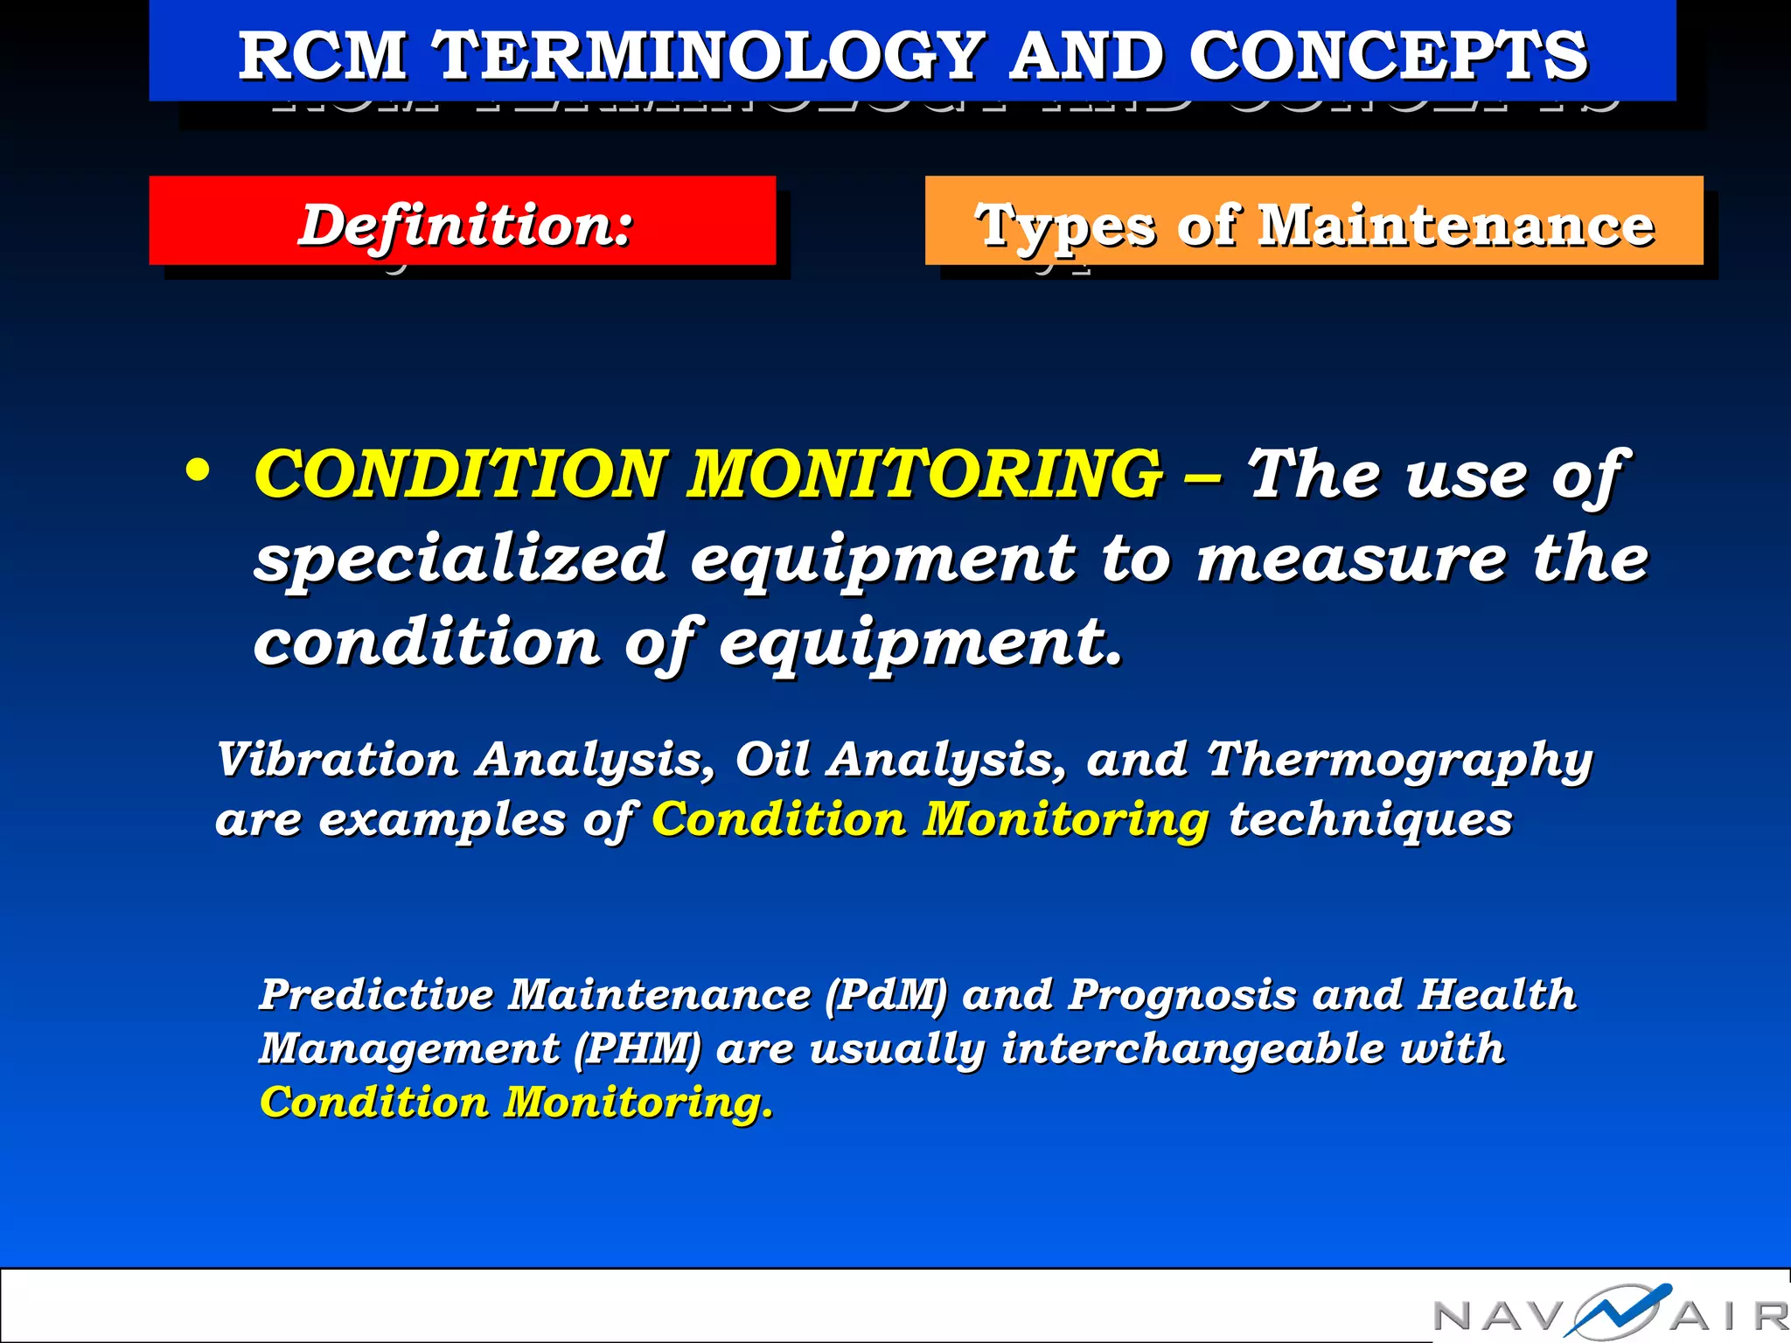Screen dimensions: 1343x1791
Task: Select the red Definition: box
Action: point(463,221)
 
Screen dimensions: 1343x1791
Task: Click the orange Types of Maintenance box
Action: point(1314,221)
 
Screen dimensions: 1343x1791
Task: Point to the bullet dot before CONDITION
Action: point(199,470)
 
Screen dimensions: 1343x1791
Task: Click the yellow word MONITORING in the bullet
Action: point(925,474)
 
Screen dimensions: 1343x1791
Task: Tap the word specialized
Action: point(460,560)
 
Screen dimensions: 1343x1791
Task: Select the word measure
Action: point(1352,560)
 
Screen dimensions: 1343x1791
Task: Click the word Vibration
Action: point(337,759)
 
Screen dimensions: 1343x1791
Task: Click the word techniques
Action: point(1369,820)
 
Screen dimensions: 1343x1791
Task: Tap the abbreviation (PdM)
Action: point(886,995)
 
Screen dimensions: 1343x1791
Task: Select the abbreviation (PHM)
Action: point(638,1048)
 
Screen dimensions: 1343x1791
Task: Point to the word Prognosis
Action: point(1181,995)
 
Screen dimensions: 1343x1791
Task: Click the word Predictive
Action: point(376,995)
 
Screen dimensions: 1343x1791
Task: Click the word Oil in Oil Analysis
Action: point(772,759)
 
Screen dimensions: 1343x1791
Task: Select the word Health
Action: point(1496,995)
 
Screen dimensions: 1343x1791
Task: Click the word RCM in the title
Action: point(323,55)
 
